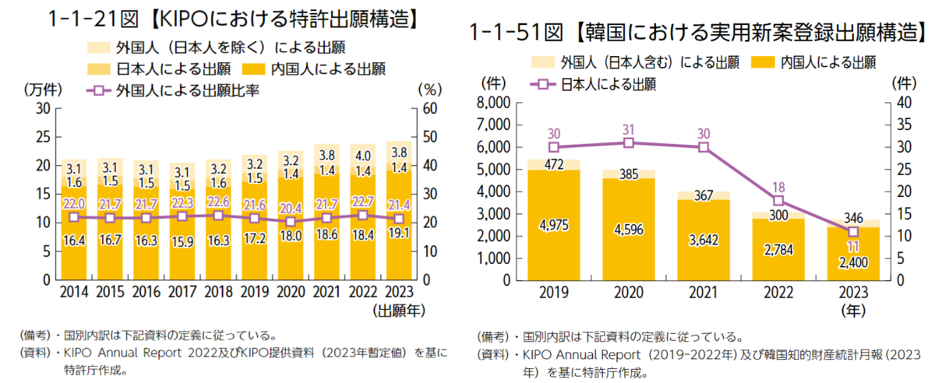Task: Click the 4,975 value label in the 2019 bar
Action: click(553, 226)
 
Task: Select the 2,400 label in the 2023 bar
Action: click(852, 262)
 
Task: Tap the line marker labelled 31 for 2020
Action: click(628, 142)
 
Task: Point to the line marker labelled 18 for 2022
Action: click(778, 200)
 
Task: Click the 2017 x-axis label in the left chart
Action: click(183, 293)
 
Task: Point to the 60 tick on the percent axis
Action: click(427, 107)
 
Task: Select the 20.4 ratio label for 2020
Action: click(291, 208)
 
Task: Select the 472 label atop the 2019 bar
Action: click(553, 164)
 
